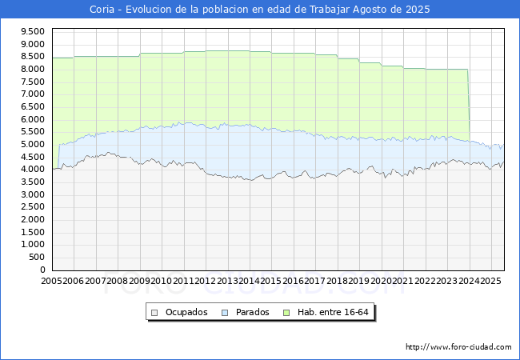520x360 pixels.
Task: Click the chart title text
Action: (x=260, y=10)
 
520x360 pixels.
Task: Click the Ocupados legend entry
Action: (x=186, y=312)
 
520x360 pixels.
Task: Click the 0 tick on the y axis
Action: (x=42, y=270)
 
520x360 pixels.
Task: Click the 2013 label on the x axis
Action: (x=227, y=281)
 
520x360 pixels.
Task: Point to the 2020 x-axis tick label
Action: (x=381, y=281)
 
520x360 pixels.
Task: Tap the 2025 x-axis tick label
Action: (x=490, y=281)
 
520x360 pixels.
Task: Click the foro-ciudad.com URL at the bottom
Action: (x=458, y=347)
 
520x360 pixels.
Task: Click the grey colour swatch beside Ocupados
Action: (x=155, y=312)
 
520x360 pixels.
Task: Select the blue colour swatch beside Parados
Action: (x=225, y=312)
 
